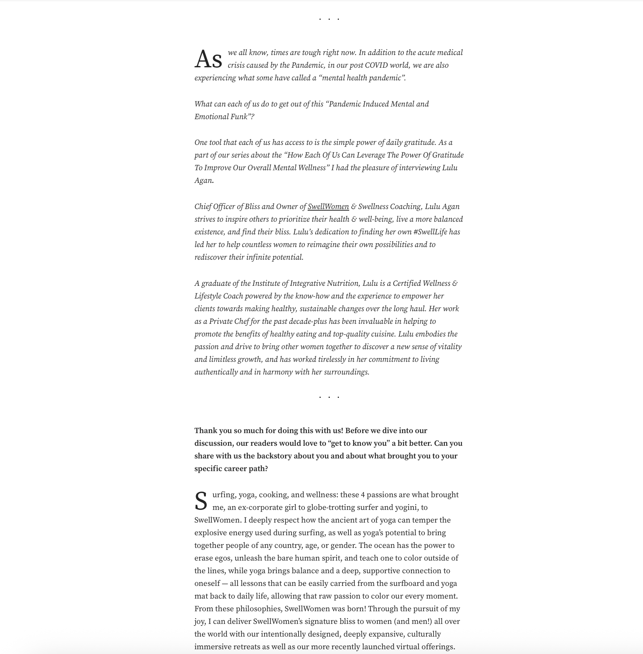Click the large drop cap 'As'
pyautogui.click(x=208, y=60)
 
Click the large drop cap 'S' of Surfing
pyautogui.click(x=201, y=502)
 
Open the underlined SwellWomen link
pyautogui.click(x=328, y=207)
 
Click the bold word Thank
pyautogui.click(x=206, y=431)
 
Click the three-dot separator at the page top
pyautogui.click(x=329, y=19)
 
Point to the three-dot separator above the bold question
pyautogui.click(x=329, y=397)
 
